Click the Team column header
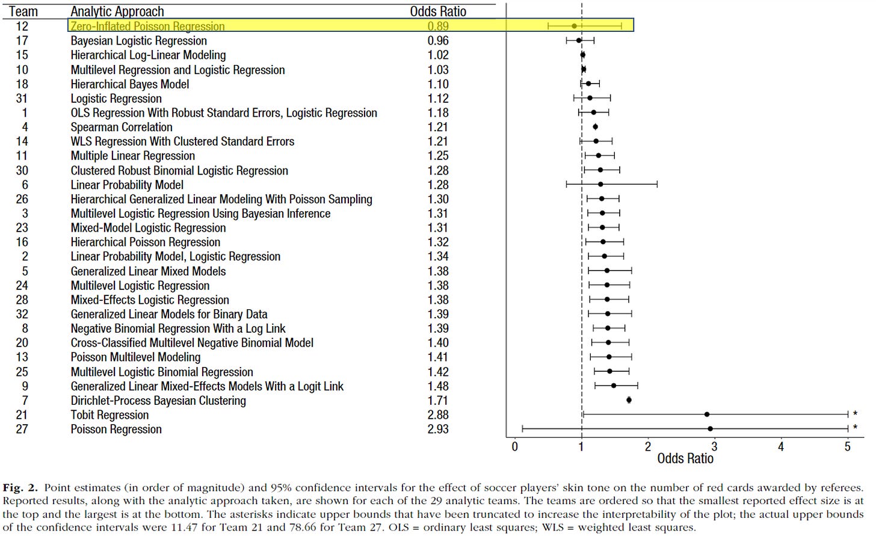[23, 11]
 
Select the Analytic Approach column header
[117, 11]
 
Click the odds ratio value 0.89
[438, 26]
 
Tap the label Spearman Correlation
[122, 127]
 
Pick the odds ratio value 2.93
[438, 429]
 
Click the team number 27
[22, 429]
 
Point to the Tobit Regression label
[109, 415]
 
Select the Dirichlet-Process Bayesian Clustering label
[158, 401]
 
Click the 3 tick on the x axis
[714, 446]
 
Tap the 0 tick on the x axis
[514, 446]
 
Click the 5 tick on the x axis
[847, 446]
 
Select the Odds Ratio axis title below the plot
[685, 458]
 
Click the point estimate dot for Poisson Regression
[711, 429]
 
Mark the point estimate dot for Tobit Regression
[707, 414]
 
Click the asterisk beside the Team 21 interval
[855, 414]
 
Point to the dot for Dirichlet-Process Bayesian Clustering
[629, 400]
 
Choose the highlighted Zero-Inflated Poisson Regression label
[147, 26]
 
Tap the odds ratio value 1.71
[438, 401]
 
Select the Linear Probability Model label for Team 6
[127, 185]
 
